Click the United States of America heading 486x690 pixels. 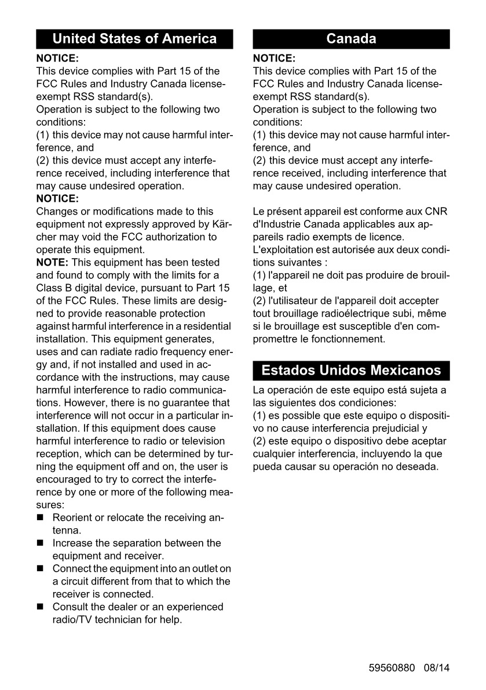click(134, 39)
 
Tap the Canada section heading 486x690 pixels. click(351, 39)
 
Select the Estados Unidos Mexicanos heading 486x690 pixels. click(351, 371)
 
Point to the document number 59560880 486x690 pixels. click(392, 667)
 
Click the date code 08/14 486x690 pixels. click(436, 667)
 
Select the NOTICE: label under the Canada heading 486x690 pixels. click(274, 59)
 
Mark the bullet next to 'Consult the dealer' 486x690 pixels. click(41, 607)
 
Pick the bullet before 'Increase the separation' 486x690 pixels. click(41, 543)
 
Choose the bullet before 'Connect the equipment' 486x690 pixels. click(41, 569)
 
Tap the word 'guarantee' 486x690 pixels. click(170, 402)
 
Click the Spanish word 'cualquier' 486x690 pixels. click(275, 454)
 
